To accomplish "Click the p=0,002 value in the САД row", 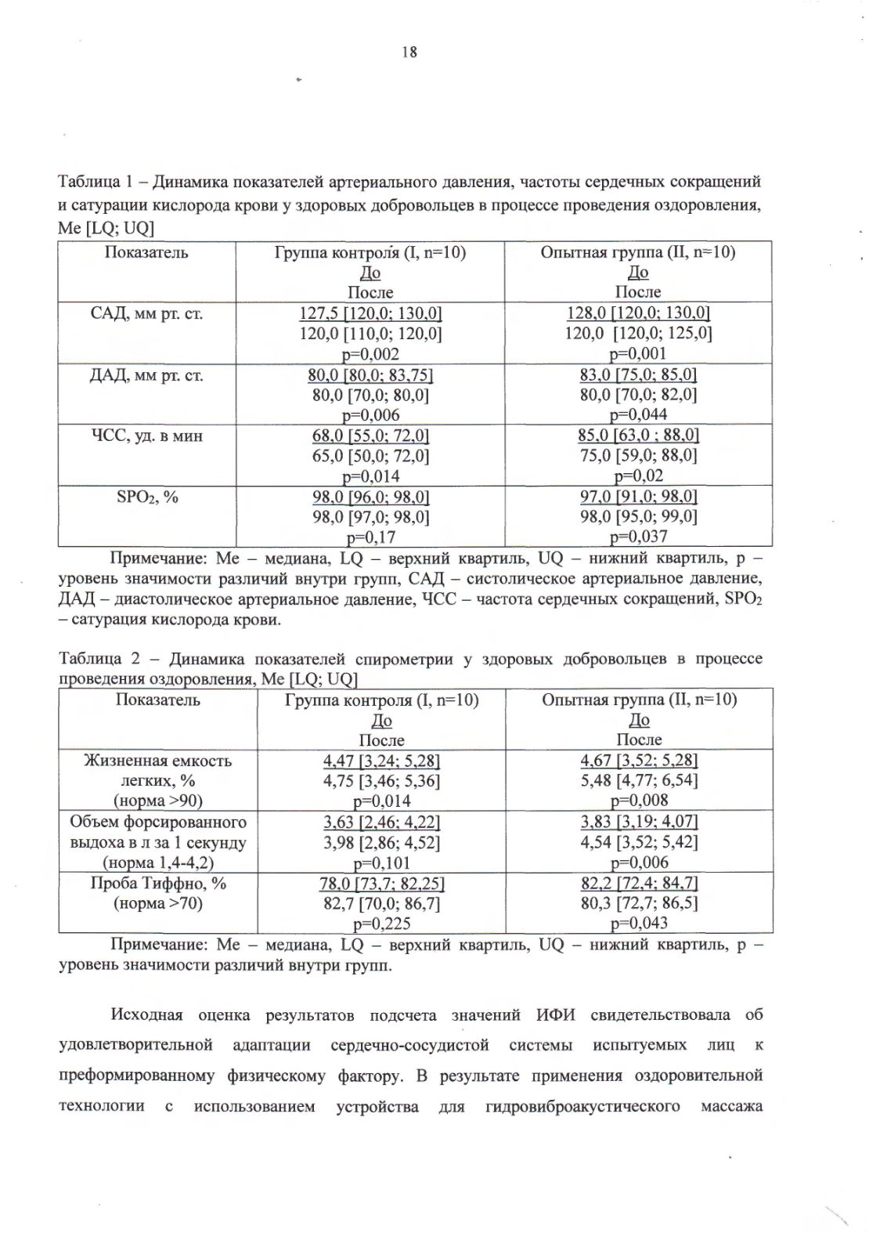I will click(370, 354).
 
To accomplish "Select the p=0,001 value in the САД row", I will click(638, 354).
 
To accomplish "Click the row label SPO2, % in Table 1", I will click(147, 497).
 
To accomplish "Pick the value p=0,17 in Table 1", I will click(370, 537).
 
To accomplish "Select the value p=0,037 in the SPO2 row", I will click(638, 537).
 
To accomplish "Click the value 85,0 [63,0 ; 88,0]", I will click(638, 436).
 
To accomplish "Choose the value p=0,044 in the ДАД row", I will click(638, 415).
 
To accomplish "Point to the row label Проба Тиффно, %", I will click(157, 883).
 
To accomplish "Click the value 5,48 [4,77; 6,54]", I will click(639, 780).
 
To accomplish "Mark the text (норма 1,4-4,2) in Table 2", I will click(157, 863).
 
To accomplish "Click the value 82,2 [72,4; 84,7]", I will click(639, 883).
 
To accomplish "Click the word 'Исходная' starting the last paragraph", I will click(146, 1015).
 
